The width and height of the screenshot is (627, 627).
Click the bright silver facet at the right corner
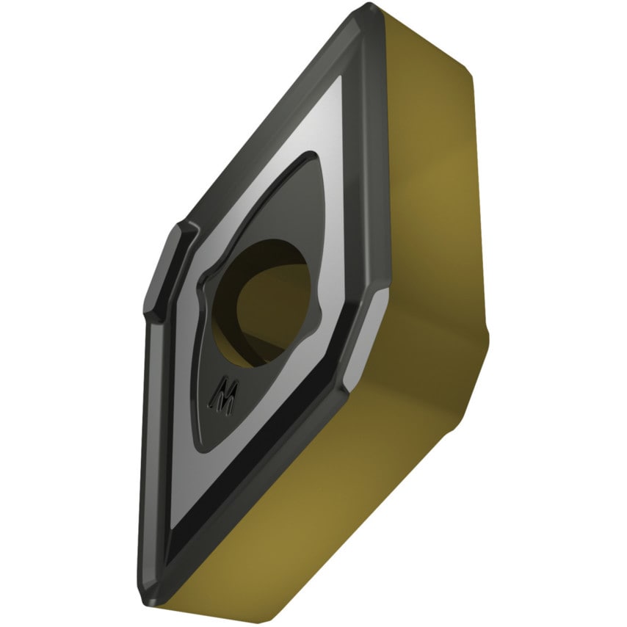(366, 336)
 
